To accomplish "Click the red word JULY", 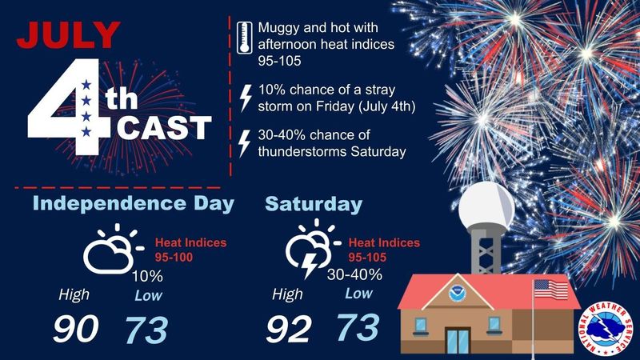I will click(69, 36).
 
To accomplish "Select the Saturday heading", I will click(313, 205).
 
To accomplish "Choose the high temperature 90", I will click(75, 329).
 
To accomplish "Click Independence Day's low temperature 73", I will click(147, 329).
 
